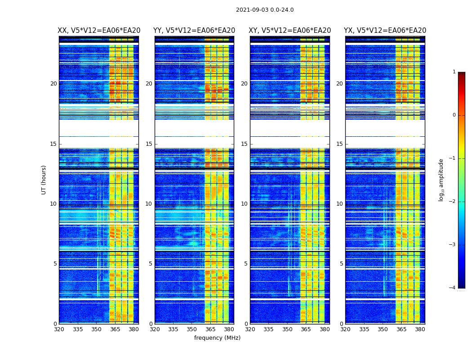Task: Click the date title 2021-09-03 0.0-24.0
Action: coord(265,10)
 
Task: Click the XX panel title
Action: coord(99,31)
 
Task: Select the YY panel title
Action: coord(194,31)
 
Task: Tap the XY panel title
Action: coord(290,31)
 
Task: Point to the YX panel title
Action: coord(385,31)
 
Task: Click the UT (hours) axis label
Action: coord(44,180)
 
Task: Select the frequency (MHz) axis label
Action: coord(217,338)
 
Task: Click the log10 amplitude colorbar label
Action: coord(441,180)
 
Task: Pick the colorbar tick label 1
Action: coord(454,72)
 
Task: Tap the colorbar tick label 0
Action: coord(454,115)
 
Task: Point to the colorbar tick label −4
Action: coord(453,288)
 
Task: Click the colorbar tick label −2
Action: coord(453,202)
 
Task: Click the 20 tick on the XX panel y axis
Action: coord(53,84)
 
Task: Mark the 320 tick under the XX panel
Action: coord(59,329)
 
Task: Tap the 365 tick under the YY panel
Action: coord(210,329)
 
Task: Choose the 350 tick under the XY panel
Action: coord(287,329)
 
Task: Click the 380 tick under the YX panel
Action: coord(420,329)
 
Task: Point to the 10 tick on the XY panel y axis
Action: coord(244,204)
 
